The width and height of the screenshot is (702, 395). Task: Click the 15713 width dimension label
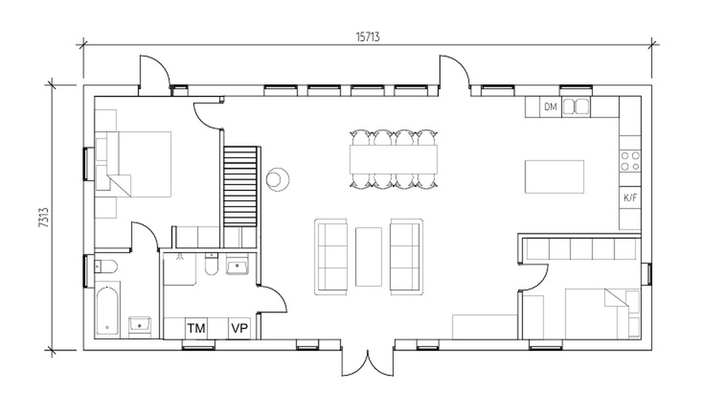368,37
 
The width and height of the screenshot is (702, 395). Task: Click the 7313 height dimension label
44,217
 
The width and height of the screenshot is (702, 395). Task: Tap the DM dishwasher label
550,107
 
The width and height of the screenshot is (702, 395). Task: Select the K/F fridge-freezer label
630,198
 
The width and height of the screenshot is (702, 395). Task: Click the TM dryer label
196,328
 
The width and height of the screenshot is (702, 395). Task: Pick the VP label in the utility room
239,328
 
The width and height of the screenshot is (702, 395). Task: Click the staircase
240,186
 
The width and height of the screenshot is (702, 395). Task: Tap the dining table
393,160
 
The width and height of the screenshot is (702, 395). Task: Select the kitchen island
555,177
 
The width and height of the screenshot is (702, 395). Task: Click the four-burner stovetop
630,161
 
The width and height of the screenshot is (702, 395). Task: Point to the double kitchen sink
576,107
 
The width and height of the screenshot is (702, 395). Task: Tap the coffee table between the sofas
369,257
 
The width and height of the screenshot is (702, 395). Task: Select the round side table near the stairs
278,180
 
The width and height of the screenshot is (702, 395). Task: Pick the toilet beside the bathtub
106,266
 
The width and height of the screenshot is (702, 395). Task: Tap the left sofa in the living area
331,257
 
